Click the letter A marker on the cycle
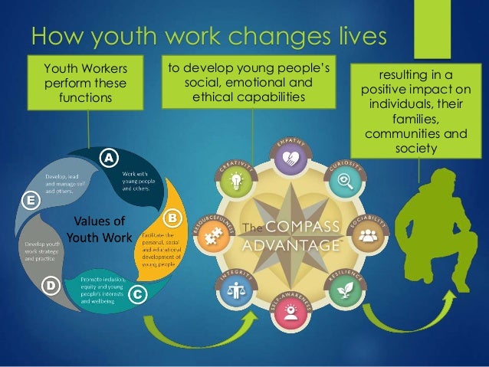(109, 157)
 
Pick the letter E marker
(31, 201)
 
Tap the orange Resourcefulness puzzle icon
(209, 235)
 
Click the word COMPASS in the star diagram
(301, 228)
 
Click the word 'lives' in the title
(356, 35)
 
